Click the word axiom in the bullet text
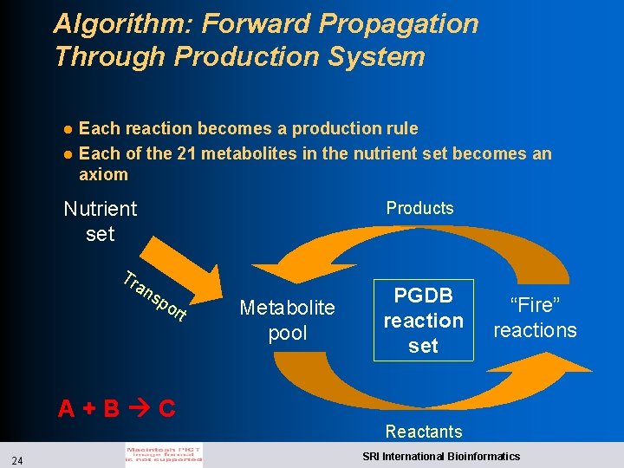[x=103, y=174]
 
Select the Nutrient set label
[x=101, y=221]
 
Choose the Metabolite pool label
[x=287, y=320]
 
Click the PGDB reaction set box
[x=424, y=320]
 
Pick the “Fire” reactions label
[x=535, y=317]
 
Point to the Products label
[x=419, y=208]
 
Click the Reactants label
[x=424, y=431]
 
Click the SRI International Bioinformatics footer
[x=441, y=456]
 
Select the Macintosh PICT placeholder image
[x=165, y=456]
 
